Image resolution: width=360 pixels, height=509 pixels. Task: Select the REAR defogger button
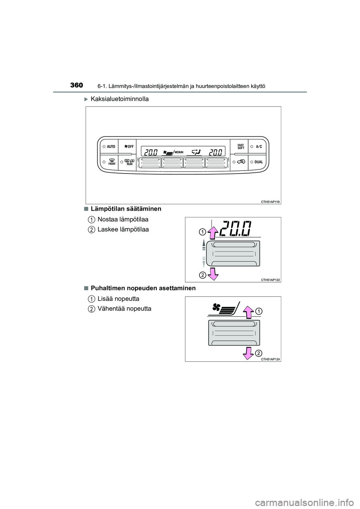(x=127, y=162)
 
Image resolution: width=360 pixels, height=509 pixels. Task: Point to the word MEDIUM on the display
(x=178, y=152)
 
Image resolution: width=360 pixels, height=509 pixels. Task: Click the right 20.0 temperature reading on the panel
(x=216, y=152)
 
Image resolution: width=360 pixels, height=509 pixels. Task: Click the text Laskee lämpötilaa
(x=123, y=229)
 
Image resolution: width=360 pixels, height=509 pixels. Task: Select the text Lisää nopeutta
(x=118, y=299)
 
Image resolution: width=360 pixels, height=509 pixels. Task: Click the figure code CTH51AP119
(x=270, y=201)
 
